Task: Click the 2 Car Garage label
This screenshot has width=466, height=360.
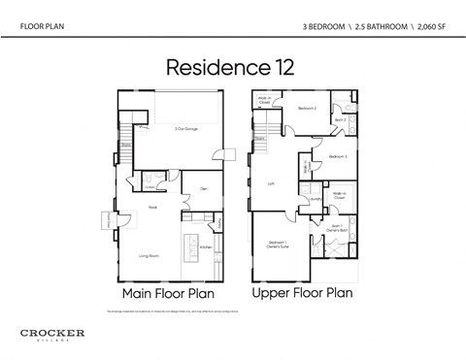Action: click(x=186, y=128)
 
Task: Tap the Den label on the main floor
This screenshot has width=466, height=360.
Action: click(x=204, y=188)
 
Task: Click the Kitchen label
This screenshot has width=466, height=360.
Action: click(x=206, y=247)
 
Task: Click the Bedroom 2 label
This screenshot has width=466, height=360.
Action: click(x=307, y=108)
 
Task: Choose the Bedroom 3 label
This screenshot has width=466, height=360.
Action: click(x=338, y=155)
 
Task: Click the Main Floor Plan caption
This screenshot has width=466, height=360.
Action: click(x=167, y=292)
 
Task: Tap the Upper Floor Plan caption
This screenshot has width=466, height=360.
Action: click(x=302, y=292)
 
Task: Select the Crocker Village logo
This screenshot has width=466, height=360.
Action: click(x=52, y=335)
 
